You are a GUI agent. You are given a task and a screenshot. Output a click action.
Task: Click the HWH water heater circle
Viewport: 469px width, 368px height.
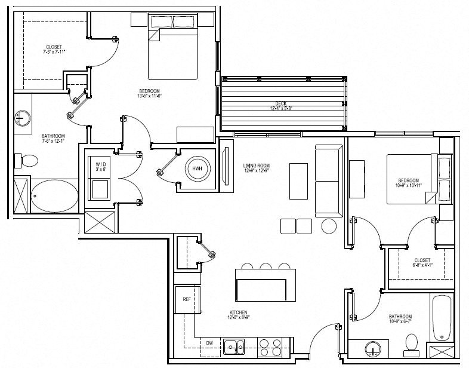click(196, 170)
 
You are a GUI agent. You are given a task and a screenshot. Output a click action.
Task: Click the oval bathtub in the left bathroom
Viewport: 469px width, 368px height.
click(54, 196)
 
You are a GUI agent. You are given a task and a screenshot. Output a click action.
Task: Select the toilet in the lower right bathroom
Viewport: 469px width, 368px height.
click(411, 342)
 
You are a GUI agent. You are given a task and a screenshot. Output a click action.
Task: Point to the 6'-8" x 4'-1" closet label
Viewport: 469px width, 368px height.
click(422, 263)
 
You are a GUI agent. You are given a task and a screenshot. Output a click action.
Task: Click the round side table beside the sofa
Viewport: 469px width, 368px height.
click(329, 226)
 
